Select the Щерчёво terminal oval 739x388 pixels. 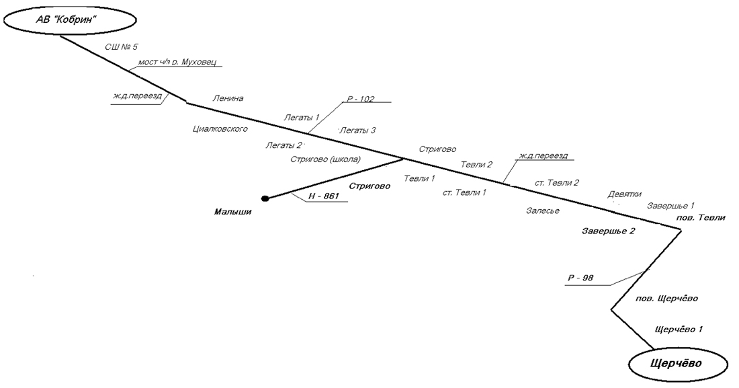click(677, 364)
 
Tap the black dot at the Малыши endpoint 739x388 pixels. click(265, 198)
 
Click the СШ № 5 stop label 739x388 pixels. click(122, 48)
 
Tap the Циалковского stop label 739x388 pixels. click(221, 128)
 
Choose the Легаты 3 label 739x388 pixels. click(357, 130)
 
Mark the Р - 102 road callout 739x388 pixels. click(359, 100)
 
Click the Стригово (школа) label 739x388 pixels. click(326, 160)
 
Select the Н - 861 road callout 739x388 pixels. click(324, 196)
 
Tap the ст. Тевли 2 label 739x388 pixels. click(557, 182)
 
